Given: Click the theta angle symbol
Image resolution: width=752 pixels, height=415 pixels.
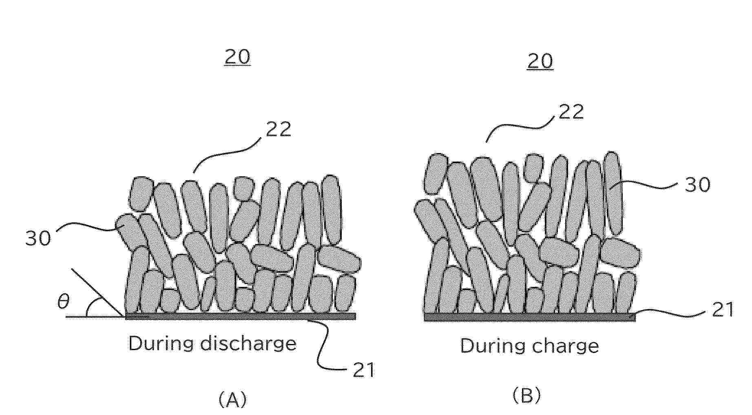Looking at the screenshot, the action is tap(63, 302).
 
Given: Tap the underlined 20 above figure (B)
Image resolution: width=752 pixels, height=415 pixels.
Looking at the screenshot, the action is tap(540, 61).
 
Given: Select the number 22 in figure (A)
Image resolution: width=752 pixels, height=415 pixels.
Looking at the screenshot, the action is tap(279, 129).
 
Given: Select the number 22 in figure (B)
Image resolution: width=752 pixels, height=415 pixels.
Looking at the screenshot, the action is tap(571, 112).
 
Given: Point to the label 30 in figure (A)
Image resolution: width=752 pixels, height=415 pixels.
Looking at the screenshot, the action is tap(38, 238).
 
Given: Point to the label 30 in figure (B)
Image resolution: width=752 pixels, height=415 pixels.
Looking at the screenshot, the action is tap(697, 185).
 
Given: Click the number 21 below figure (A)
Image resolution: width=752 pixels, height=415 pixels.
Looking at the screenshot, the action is tap(363, 370).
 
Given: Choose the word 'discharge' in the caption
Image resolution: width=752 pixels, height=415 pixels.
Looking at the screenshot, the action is tap(249, 344).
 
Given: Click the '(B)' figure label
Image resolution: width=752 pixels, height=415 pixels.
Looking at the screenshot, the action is tap(526, 395).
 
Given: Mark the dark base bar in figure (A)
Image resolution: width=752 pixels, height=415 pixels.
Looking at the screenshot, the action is tap(240, 316).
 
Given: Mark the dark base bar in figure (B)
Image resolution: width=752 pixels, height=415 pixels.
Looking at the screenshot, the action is tap(529, 317).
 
